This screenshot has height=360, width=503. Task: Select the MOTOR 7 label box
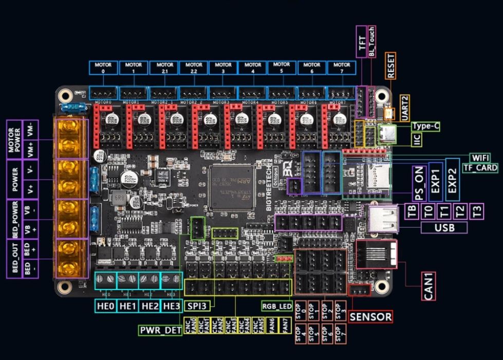[x=342, y=68]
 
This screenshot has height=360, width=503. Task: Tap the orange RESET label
[x=392, y=66]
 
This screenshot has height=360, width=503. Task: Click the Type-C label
[x=426, y=125]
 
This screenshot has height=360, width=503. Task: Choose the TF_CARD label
[x=480, y=168]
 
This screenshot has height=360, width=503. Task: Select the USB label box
[x=444, y=227]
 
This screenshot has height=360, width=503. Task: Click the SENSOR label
[x=370, y=317]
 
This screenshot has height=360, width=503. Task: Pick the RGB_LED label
[x=277, y=306]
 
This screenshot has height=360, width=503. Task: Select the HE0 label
[x=105, y=306]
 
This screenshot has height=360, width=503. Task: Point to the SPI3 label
[x=196, y=306]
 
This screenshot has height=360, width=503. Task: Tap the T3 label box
[x=477, y=210]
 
